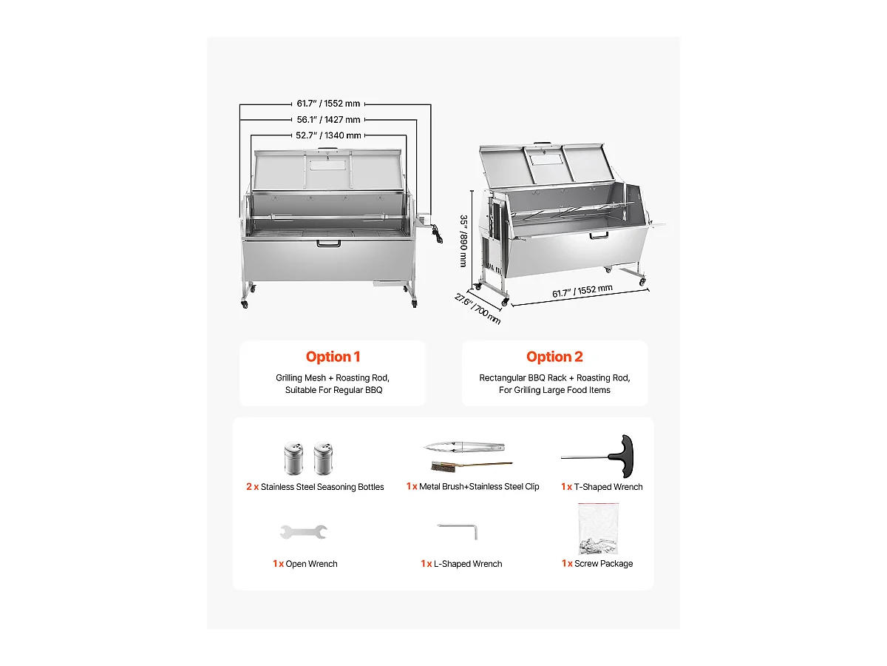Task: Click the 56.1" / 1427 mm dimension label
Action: click(x=328, y=120)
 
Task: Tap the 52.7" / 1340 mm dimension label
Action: click(x=328, y=135)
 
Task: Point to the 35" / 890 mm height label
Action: click(x=463, y=241)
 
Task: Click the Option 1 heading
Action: click(x=333, y=357)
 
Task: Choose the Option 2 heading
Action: click(x=554, y=357)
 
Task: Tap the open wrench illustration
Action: click(x=303, y=531)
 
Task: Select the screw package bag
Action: click(x=597, y=530)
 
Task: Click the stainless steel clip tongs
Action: click(x=464, y=447)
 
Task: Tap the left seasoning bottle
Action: click(x=293, y=459)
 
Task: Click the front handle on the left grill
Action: click(x=327, y=243)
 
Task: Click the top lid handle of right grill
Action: click(x=544, y=144)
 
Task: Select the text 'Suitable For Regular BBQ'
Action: click(x=333, y=390)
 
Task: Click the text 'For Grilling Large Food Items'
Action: click(x=554, y=390)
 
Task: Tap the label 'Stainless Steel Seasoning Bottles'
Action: click(x=322, y=487)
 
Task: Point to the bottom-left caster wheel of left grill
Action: click(x=245, y=304)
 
